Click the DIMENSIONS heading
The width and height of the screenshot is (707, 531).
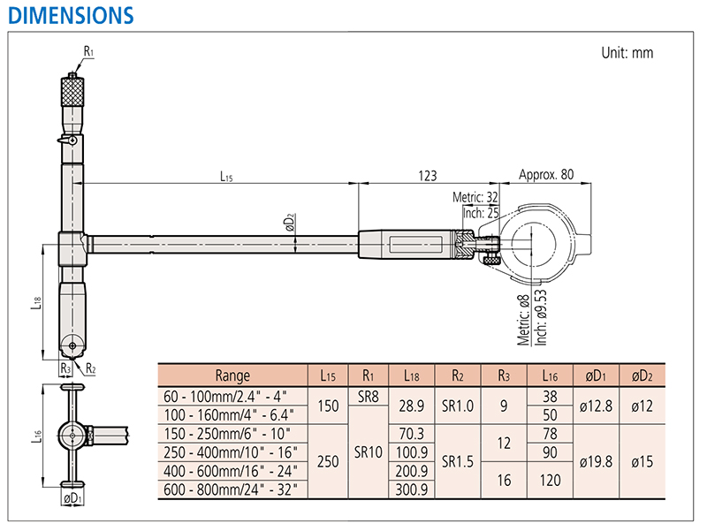click(x=71, y=15)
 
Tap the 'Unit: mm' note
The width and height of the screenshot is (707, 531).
click(x=627, y=53)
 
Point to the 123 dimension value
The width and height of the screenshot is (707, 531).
click(x=428, y=175)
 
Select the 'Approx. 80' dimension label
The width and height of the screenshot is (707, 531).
click(x=546, y=174)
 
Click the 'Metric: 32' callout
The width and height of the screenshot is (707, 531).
click(x=475, y=197)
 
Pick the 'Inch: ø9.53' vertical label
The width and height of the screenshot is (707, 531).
click(x=541, y=317)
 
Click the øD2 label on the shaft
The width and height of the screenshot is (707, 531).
click(x=290, y=223)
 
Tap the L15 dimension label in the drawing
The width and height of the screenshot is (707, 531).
click(x=226, y=176)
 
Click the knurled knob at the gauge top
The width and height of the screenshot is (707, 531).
click(x=72, y=92)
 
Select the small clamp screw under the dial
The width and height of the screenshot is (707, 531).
click(x=491, y=261)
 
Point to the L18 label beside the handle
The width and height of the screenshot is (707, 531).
click(x=36, y=302)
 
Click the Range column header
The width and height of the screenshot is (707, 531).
click(x=232, y=375)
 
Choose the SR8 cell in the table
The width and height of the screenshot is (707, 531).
click(x=369, y=397)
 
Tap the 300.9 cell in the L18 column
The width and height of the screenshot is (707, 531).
click(x=412, y=489)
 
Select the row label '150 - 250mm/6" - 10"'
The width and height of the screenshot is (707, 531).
click(x=227, y=434)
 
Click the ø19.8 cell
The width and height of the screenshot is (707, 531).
click(x=596, y=461)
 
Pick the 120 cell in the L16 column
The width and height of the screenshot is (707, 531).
click(x=550, y=480)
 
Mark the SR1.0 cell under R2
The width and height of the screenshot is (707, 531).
click(x=458, y=406)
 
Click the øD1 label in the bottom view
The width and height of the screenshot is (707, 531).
click(x=72, y=498)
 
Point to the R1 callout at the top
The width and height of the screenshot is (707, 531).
click(x=88, y=51)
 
